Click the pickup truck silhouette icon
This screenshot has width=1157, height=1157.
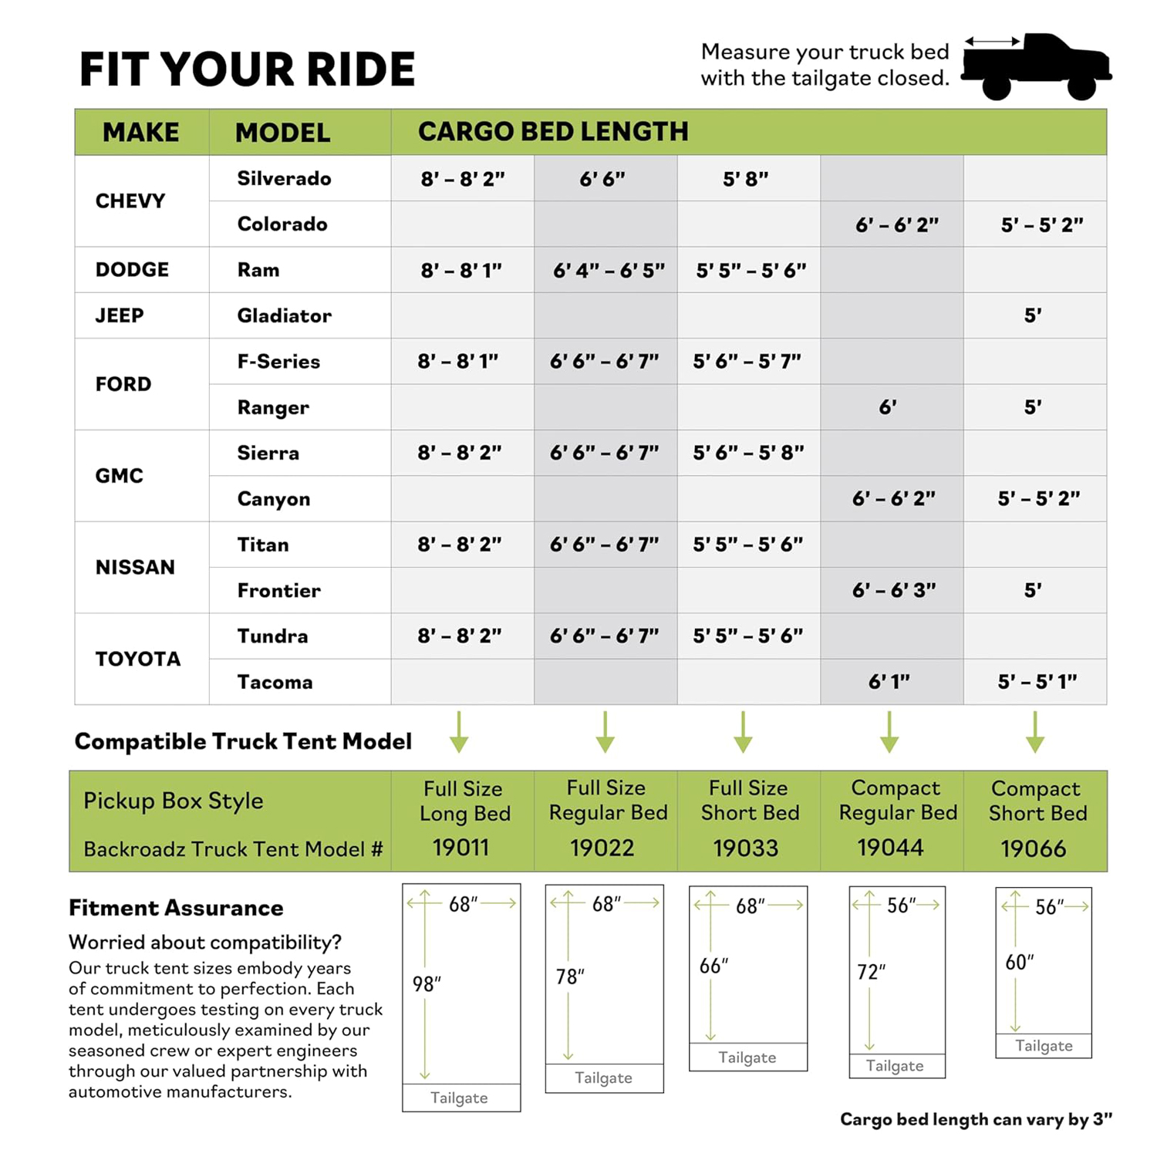pos(1036,66)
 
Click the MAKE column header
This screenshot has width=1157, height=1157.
pos(140,132)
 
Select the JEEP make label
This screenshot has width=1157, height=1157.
pos(120,315)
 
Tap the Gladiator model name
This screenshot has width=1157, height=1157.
pos(284,315)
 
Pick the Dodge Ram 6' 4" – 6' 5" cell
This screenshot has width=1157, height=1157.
pos(608,270)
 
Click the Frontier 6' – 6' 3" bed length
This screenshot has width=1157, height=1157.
pos(893,590)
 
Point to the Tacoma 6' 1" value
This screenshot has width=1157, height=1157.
pos(889,682)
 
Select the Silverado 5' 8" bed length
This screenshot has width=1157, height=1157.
pos(745,179)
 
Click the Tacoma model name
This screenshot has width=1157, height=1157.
pos(275,682)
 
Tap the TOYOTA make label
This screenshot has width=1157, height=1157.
pos(138,659)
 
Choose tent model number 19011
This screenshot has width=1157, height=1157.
pos(461,848)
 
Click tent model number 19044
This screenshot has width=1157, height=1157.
pos(890,848)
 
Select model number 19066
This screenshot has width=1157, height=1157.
pos(1034,848)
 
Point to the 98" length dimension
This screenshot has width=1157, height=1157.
pos(427,983)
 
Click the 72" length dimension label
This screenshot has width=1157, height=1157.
pos(872,972)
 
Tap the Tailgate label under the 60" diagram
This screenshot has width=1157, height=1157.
pos(1044,1046)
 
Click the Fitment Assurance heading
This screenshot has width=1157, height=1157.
pos(176,908)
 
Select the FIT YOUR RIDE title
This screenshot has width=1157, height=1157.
pos(247,69)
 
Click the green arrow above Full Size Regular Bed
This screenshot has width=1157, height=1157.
pos(605,732)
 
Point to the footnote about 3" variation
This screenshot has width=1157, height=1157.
pos(976,1119)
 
